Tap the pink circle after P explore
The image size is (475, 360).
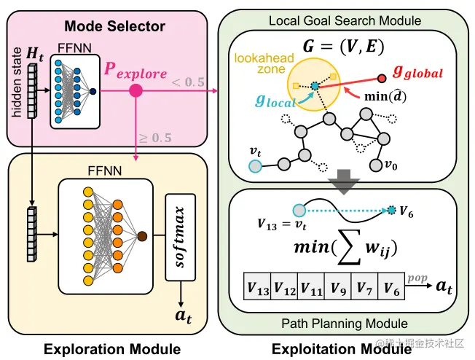click(135, 91)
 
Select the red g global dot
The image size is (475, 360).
click(383, 77)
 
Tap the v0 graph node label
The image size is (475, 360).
click(390, 165)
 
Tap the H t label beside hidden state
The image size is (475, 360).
click(34, 53)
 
